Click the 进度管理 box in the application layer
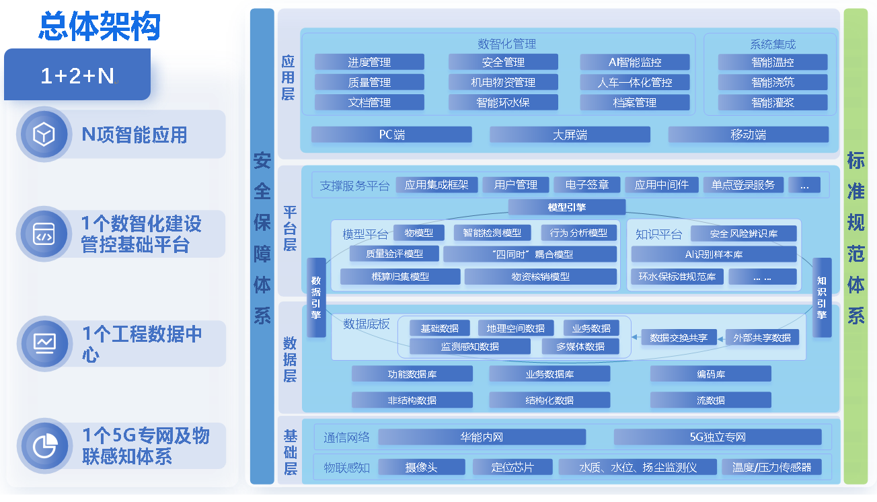click(369, 63)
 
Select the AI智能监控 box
click(635, 63)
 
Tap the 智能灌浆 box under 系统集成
click(773, 103)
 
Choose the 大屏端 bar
click(570, 135)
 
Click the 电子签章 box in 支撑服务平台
click(586, 185)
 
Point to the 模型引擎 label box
click(566, 207)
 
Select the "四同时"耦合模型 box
click(530, 254)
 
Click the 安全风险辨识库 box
click(744, 234)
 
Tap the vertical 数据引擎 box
click(316, 297)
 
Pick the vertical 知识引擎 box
click(822, 297)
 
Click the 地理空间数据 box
click(516, 328)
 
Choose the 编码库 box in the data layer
click(711, 374)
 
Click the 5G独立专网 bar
click(718, 437)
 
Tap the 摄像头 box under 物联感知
click(422, 467)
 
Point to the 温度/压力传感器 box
click(771, 467)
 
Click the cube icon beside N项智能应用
click(44, 135)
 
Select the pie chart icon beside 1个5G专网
click(44, 445)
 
